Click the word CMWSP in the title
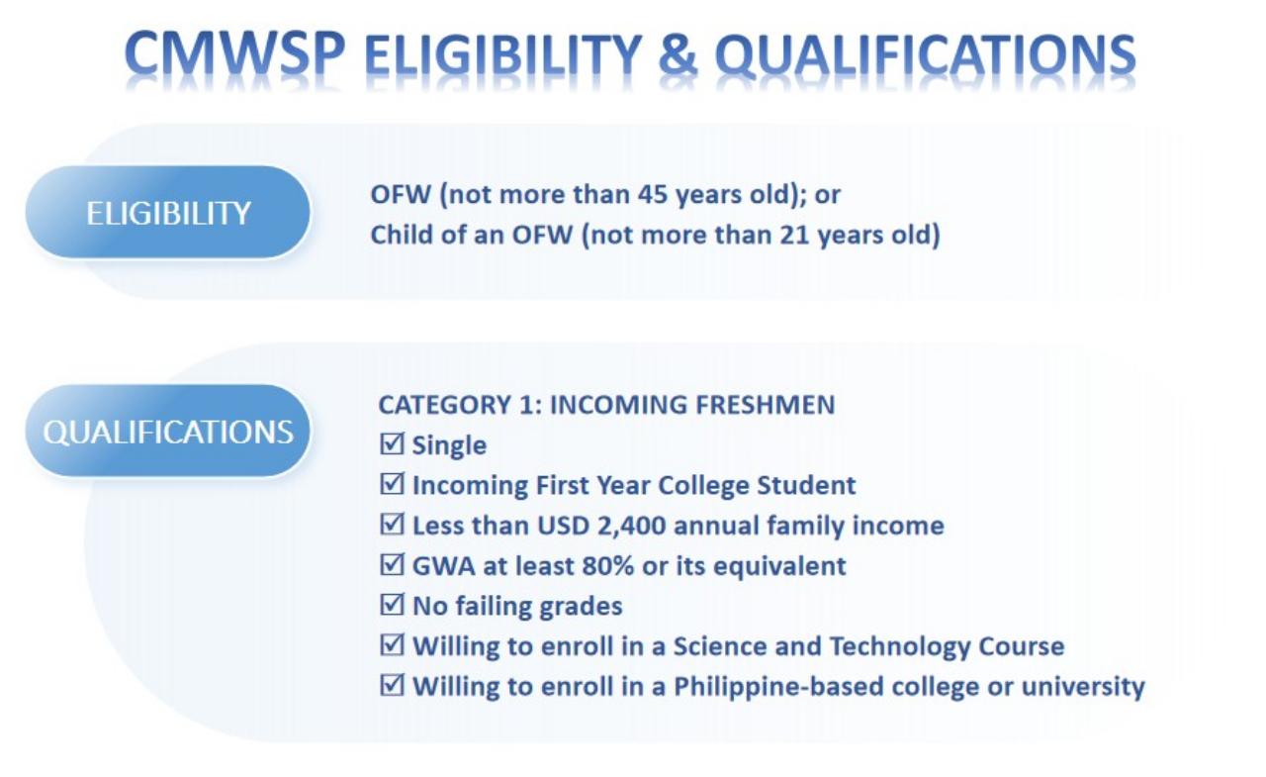(235, 56)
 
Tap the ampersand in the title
(676, 56)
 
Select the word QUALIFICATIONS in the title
(925, 56)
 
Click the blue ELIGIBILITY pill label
(168, 213)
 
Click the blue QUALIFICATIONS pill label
(168, 432)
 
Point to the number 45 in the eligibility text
(641, 195)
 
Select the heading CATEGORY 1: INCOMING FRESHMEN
(606, 405)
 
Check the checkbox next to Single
(392, 444)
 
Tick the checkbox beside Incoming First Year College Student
(392, 485)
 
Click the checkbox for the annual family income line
(392, 526)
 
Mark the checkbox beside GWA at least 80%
(392, 566)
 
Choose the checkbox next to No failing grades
(392, 606)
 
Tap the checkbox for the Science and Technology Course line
(392, 646)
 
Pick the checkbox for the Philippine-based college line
(392, 686)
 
